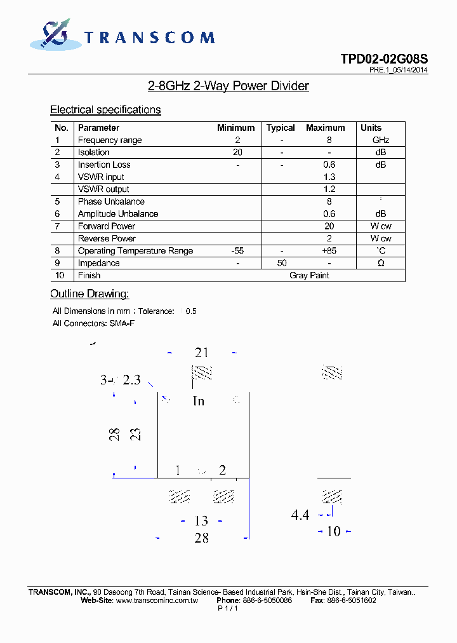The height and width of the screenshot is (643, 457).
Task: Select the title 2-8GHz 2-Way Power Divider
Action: point(228,86)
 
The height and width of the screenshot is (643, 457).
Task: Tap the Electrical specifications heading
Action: point(105,110)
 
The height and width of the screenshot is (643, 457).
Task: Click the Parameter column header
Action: point(98,128)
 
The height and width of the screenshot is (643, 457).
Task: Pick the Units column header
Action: point(371,128)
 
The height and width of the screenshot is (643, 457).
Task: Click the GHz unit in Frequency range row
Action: point(380,140)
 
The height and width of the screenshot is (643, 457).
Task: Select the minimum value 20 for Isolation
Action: point(237,152)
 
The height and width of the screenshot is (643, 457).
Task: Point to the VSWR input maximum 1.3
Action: point(329,177)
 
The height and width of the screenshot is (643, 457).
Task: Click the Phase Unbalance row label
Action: point(111,201)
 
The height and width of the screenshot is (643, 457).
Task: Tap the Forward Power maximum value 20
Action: point(329,226)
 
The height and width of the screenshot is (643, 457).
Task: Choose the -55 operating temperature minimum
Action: point(237,251)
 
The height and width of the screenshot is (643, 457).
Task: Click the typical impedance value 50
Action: point(282,263)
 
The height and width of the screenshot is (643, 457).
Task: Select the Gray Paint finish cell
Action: point(309,275)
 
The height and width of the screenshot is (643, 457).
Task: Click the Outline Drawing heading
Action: point(89,294)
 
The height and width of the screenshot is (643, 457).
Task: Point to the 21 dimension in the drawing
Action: point(202,353)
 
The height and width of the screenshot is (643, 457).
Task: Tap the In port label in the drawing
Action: point(199,401)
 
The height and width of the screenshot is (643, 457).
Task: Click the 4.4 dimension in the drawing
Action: point(300,515)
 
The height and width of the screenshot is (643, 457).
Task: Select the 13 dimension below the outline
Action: point(201,521)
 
